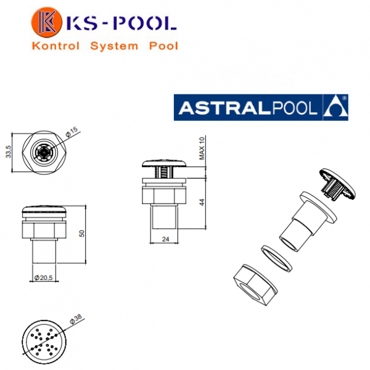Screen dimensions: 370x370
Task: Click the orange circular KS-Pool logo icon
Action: (x=46, y=22)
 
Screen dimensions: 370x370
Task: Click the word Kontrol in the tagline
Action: (x=55, y=46)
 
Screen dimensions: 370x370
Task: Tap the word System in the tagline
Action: (x=114, y=46)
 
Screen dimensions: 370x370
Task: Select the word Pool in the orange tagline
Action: (x=163, y=46)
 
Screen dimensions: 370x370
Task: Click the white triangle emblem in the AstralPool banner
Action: (x=335, y=107)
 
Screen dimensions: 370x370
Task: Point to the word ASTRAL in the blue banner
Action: (x=225, y=108)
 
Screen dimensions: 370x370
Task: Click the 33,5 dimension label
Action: (x=9, y=152)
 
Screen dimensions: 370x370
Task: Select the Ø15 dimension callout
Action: (x=72, y=132)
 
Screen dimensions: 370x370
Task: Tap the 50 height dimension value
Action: (x=81, y=234)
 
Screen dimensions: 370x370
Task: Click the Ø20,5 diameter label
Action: (x=43, y=277)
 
